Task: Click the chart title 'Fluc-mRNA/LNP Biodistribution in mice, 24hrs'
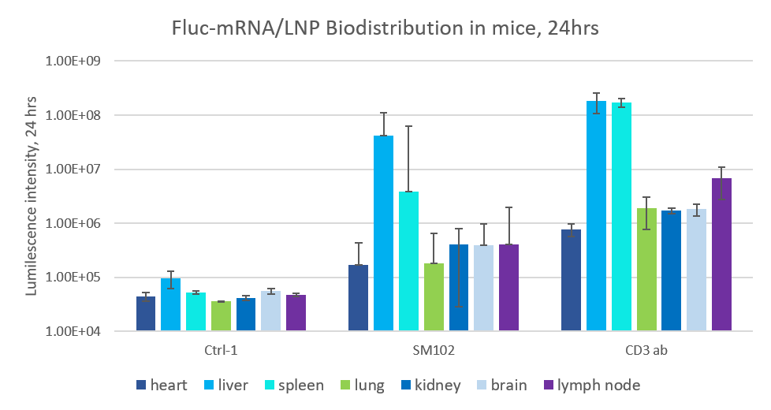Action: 385,28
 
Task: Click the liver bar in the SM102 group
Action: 383,233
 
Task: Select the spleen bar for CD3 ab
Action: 621,217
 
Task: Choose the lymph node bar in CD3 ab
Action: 721,255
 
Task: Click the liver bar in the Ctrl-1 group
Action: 170,304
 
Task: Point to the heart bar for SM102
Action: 358,298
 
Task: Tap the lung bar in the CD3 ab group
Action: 646,270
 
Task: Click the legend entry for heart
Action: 162,386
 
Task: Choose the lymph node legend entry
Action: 592,386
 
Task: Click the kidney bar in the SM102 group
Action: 458,288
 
